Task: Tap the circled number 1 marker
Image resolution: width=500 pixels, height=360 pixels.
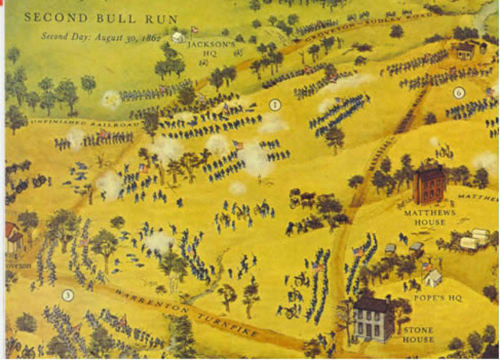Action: click(274, 104)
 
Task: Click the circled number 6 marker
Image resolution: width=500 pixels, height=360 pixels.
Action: click(459, 92)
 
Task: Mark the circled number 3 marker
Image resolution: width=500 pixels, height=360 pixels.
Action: click(68, 294)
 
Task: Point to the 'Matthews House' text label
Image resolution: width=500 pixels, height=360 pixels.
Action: click(424, 216)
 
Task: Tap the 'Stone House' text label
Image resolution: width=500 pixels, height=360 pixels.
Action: click(419, 334)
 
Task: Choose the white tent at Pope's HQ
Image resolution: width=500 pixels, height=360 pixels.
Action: click(432, 277)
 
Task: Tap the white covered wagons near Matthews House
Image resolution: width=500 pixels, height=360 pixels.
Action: click(473, 239)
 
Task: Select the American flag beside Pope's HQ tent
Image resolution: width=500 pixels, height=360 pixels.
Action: click(425, 266)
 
